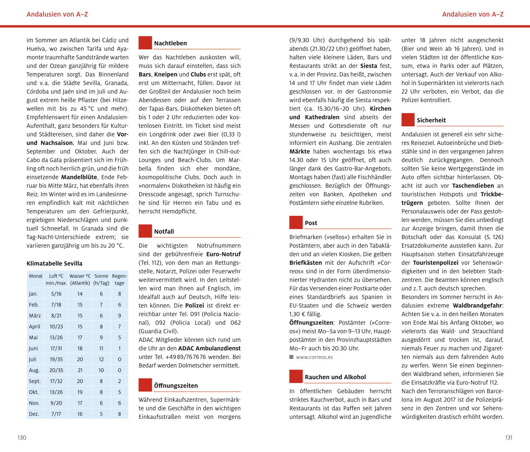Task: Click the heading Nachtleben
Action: click(x=170, y=43)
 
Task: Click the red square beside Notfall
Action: click(x=145, y=231)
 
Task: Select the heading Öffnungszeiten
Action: click(x=176, y=386)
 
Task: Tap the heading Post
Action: click(x=311, y=223)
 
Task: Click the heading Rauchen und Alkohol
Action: click(x=335, y=377)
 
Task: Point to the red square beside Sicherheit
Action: click(x=408, y=120)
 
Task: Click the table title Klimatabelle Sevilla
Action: click(x=55, y=263)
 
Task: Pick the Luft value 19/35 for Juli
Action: click(x=56, y=359)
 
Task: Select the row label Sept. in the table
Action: click(x=35, y=381)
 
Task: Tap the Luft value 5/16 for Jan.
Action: click(x=56, y=294)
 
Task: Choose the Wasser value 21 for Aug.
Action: click(x=80, y=370)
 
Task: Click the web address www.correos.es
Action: click(x=314, y=357)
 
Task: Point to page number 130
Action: click(x=22, y=438)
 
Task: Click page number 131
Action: click(x=508, y=438)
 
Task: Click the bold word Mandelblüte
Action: click(x=79, y=177)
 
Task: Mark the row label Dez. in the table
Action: click(x=34, y=414)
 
